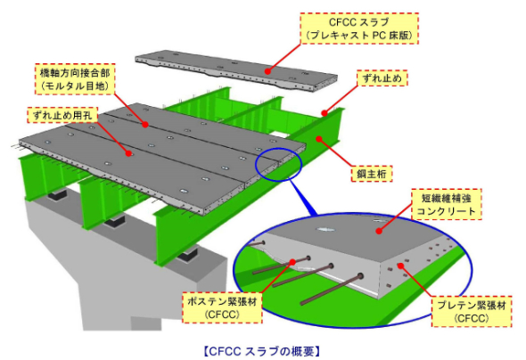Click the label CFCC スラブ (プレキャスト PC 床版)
pos(359,29)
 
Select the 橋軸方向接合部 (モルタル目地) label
pos(75,79)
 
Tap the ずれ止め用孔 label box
pos(62,115)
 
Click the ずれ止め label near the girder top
pos(382,78)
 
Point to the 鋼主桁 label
pos(372,174)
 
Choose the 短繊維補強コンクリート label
pos(447,204)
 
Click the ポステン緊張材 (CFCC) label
pos(222,307)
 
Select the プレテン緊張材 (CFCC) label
pos(472,311)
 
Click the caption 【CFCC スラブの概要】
pos(261,351)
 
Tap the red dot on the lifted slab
pos(267,71)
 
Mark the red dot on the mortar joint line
pos(145,125)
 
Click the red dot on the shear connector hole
pos(128,153)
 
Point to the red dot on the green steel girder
pos(318,138)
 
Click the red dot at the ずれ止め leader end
pos(324,113)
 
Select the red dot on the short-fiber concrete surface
pos(379,231)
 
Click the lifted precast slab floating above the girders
pos(236,71)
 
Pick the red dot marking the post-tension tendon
pos(292,262)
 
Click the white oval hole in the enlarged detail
pos(326,230)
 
